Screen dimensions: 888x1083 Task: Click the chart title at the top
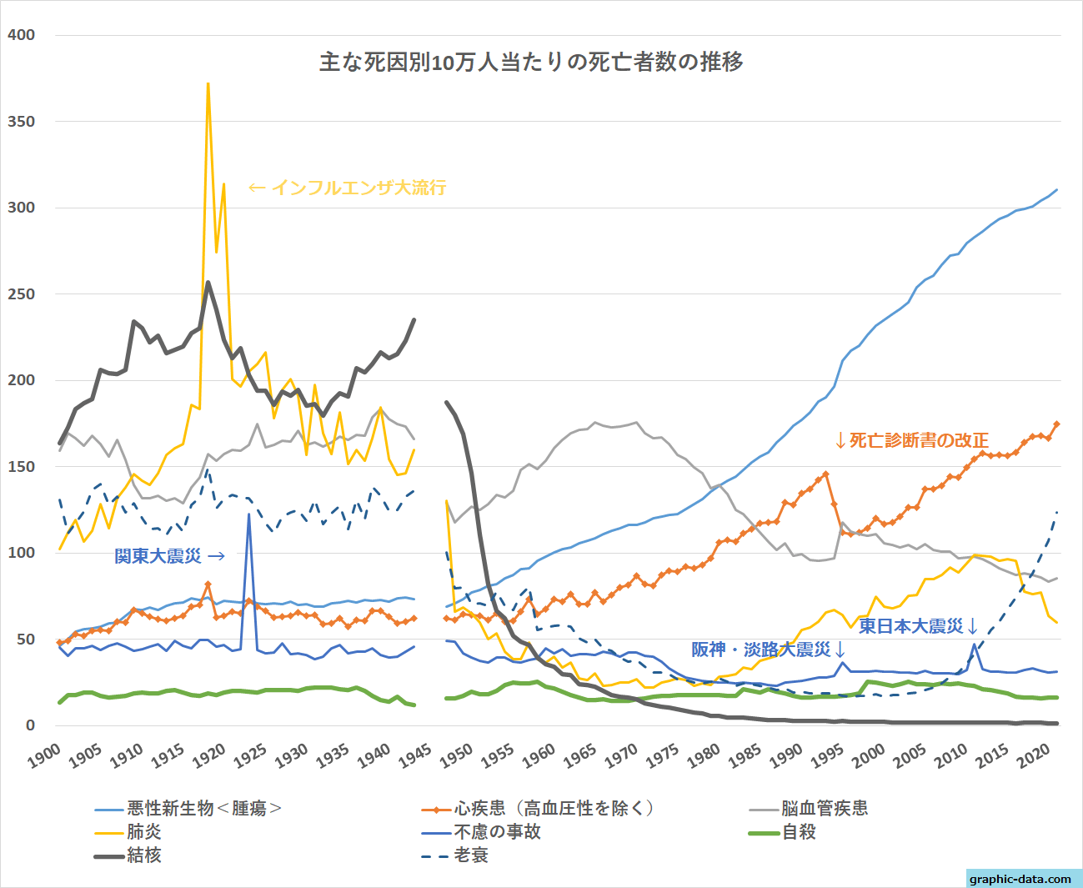[531, 63]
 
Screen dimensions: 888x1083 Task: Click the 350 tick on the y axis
[21, 122]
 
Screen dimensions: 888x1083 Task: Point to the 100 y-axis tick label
[21, 553]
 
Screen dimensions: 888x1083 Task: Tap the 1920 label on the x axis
[208, 755]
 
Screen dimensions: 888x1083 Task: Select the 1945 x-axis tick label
[414, 755]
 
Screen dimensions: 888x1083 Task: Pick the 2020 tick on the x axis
[1034, 755]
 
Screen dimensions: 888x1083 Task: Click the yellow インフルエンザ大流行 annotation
[347, 188]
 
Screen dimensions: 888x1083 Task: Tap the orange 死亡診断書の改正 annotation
[912, 440]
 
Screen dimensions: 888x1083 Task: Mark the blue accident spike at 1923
[248, 514]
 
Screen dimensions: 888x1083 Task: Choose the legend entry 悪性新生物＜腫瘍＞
[204, 808]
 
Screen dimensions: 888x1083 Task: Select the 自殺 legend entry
[799, 831]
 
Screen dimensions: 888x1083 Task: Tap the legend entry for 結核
[144, 855]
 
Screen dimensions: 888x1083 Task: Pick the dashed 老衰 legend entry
[471, 855]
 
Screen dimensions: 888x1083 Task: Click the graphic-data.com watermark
[1020, 879]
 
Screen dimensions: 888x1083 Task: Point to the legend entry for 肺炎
[144, 831]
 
